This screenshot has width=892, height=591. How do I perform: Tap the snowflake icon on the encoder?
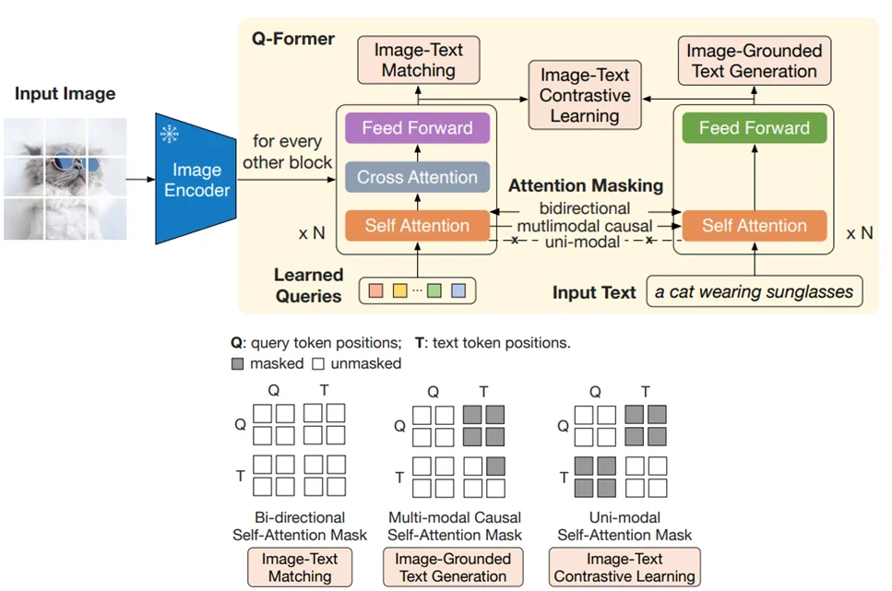[170, 135]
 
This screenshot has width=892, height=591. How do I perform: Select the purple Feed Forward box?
[417, 128]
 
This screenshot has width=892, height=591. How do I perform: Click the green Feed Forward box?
[754, 128]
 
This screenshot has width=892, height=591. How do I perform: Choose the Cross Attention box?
[417, 177]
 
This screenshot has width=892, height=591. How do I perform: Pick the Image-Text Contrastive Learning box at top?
[584, 95]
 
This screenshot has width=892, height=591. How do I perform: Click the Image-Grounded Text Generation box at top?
[753, 61]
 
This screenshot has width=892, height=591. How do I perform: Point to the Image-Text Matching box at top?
[418, 61]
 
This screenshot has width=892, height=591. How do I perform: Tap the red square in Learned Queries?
[375, 291]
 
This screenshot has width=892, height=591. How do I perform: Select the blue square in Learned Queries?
[458, 291]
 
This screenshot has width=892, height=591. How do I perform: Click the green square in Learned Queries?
[434, 291]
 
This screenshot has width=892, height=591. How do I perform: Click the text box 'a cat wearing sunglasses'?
[755, 292]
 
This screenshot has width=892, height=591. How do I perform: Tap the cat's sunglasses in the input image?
[65, 164]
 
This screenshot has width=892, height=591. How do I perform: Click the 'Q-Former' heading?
[293, 39]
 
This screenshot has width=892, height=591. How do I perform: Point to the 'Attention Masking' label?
[586, 185]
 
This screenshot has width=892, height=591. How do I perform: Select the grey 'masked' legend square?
[237, 363]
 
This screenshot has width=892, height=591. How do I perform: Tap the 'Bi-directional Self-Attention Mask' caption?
[300, 526]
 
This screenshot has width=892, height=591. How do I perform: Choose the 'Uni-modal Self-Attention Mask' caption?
[624, 526]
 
